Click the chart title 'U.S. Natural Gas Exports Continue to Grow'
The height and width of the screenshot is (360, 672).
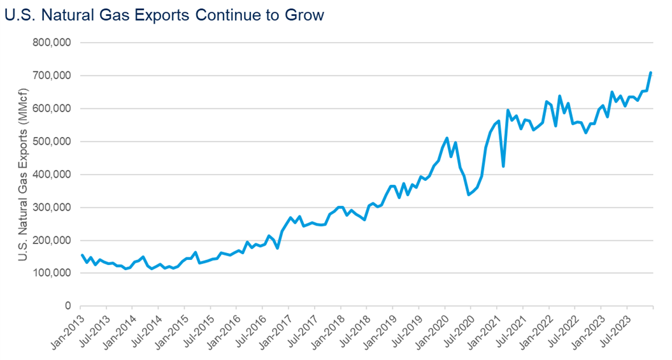[164, 15]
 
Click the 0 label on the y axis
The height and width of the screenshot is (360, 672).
[68, 306]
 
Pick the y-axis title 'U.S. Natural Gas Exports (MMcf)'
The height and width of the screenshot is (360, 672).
[23, 175]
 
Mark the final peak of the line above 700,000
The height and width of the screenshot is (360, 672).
[650, 73]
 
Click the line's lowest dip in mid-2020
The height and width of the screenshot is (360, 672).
[469, 194]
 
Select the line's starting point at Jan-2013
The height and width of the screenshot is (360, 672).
[82, 255]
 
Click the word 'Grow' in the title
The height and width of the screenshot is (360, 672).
[304, 15]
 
